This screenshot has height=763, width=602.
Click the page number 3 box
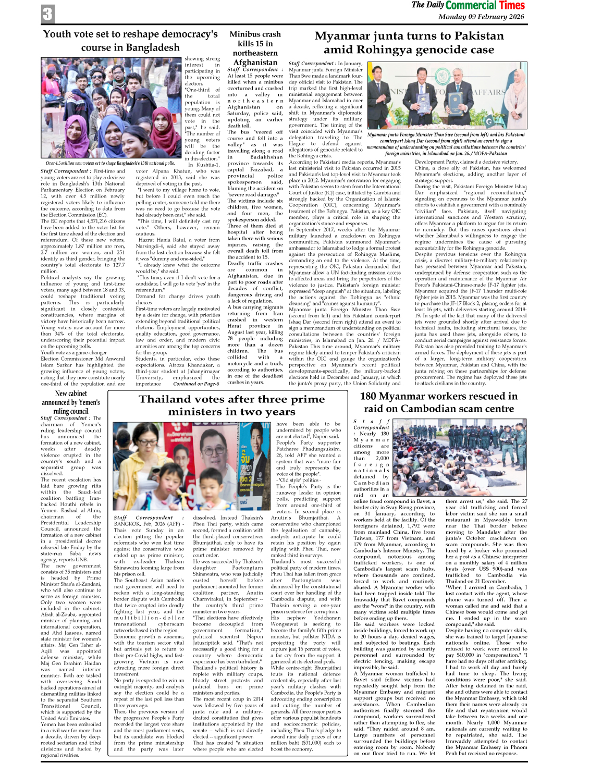[47, 14]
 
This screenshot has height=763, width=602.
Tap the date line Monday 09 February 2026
[481, 17]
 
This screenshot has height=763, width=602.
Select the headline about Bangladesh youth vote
[130, 41]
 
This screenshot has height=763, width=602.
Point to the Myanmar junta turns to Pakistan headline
[409, 43]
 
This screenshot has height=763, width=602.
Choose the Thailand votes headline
[231, 405]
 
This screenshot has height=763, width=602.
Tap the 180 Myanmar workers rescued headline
[438, 402]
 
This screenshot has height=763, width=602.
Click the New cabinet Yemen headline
[71, 402]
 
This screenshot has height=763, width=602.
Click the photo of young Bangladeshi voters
[112, 108]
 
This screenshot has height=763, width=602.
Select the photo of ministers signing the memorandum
[447, 95]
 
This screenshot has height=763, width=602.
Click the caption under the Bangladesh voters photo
[110, 163]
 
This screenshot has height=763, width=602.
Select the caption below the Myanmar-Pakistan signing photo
[446, 144]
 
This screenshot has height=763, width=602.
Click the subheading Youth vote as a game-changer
[73, 352]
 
